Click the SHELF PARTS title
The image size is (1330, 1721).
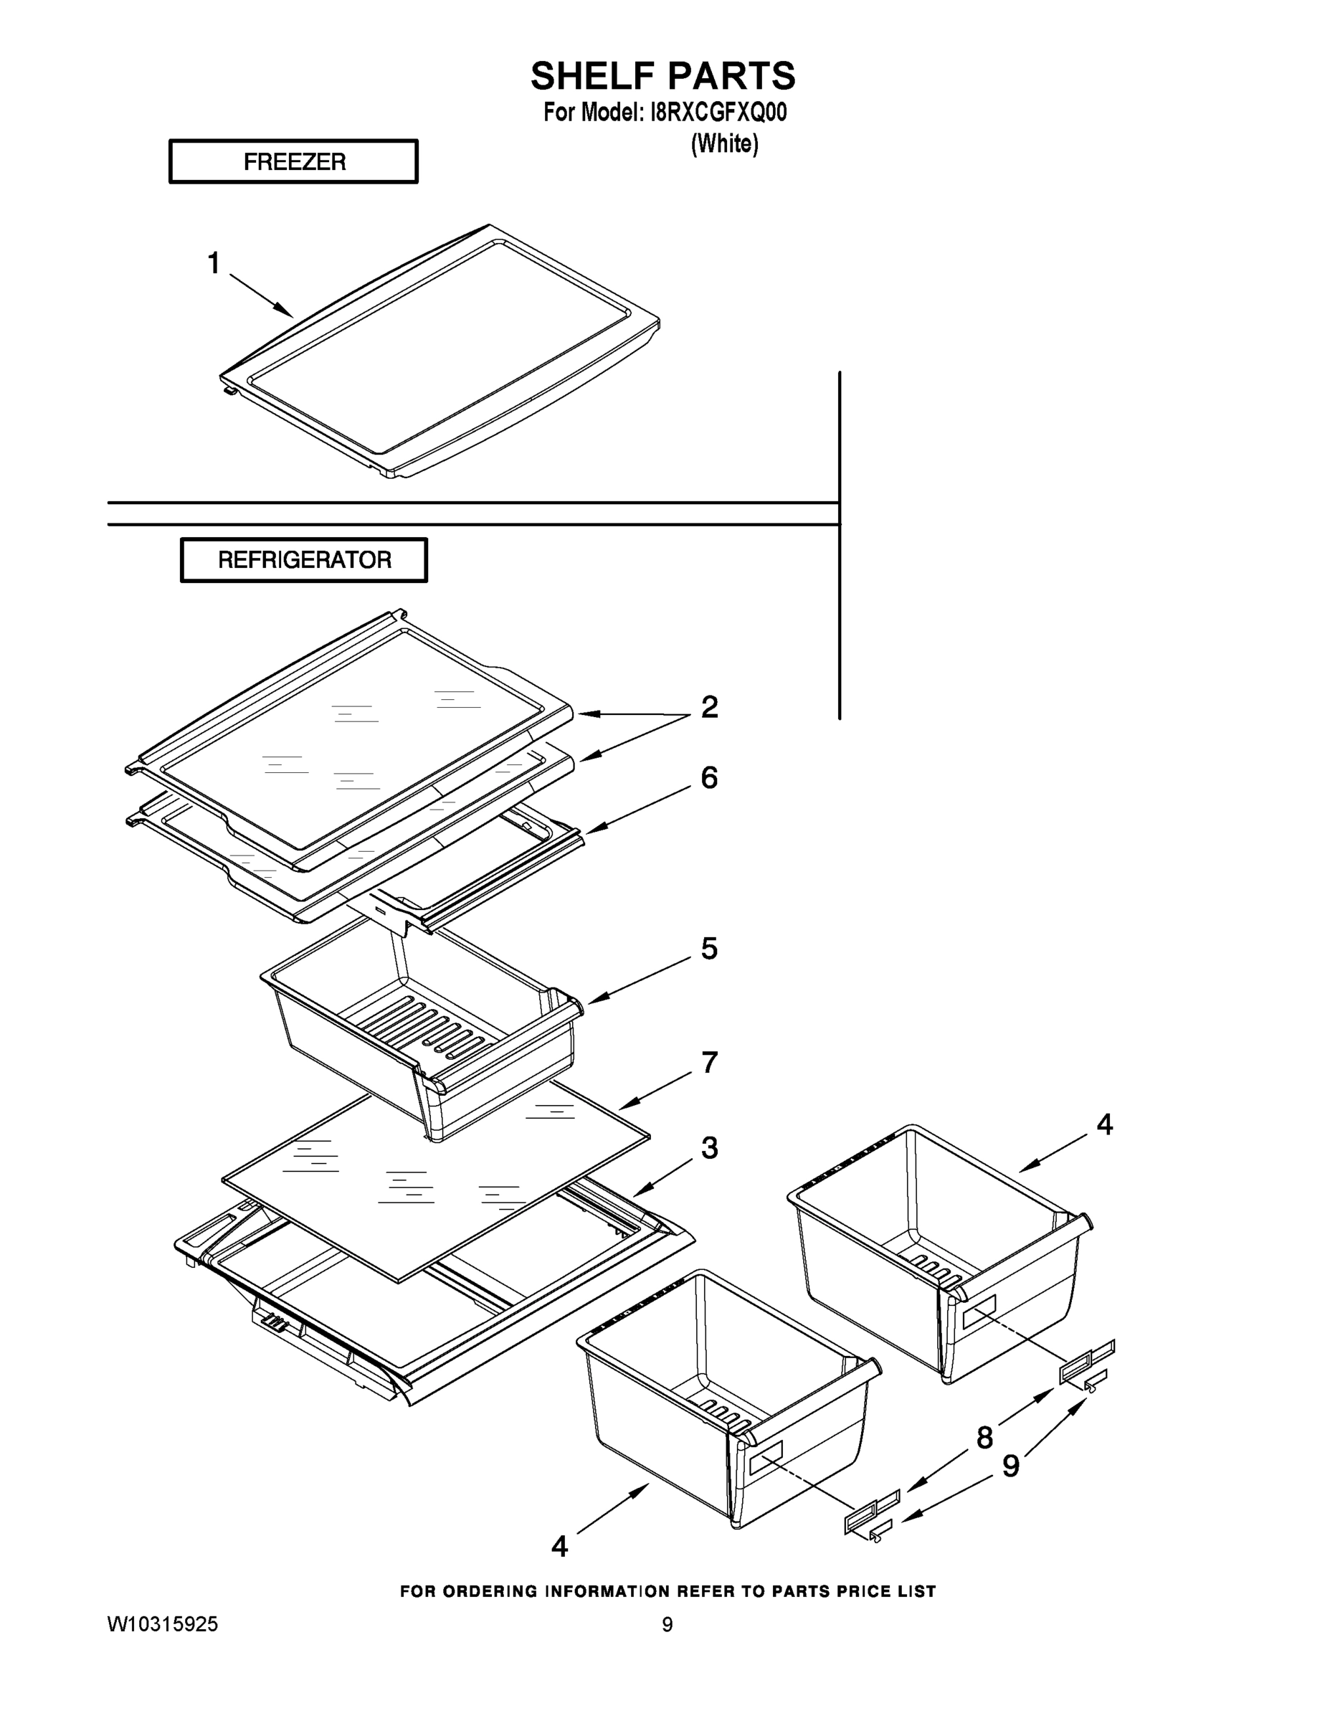tap(662, 77)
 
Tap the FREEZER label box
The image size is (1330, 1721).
tap(293, 161)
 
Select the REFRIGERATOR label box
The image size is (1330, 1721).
tap(304, 560)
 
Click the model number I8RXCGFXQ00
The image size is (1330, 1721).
tap(717, 113)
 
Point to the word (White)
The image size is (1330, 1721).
tap(724, 144)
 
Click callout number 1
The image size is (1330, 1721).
tap(214, 263)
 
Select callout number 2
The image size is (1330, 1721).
tap(709, 707)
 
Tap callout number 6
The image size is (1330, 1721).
tap(709, 778)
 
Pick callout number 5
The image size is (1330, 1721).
tap(709, 949)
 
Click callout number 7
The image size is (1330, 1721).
tap(709, 1062)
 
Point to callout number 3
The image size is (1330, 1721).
tap(709, 1148)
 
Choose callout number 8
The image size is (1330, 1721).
tap(985, 1438)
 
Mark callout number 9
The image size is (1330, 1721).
tap(1011, 1466)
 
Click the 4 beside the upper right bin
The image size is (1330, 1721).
tap(1105, 1124)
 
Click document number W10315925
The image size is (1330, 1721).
tap(163, 1625)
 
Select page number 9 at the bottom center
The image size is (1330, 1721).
tap(668, 1625)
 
